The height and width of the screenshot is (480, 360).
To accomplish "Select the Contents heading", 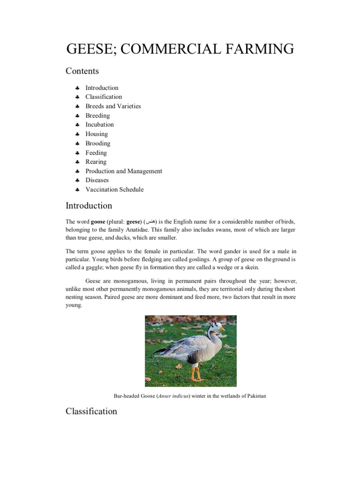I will [x=82, y=71].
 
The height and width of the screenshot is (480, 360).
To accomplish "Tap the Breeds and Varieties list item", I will [x=113, y=106].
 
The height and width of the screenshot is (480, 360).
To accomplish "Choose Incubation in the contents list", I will [x=99, y=125].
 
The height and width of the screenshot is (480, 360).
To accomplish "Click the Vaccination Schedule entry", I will [x=114, y=189].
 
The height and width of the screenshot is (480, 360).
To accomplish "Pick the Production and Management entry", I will [x=124, y=171].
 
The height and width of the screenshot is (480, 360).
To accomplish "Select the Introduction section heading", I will [x=89, y=206].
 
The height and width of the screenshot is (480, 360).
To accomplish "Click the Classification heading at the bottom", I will [x=91, y=411].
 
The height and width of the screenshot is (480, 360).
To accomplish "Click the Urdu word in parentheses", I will [x=150, y=221].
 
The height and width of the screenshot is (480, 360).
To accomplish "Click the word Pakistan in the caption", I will [x=253, y=396].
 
